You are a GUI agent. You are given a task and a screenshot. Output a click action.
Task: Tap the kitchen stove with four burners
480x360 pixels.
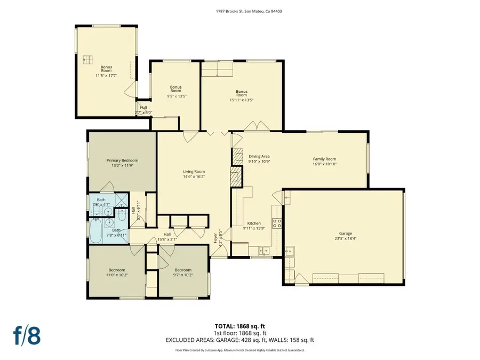[277, 223]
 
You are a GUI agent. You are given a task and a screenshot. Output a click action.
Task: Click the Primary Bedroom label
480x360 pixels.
[122, 161]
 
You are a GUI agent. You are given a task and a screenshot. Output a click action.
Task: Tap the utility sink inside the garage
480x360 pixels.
[291, 251]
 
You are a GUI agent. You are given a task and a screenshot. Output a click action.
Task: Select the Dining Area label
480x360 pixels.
[259, 156]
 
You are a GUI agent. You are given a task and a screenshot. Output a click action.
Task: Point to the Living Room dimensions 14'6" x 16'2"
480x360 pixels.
[194, 176]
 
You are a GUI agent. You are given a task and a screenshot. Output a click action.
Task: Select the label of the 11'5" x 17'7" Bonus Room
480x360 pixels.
[106, 69]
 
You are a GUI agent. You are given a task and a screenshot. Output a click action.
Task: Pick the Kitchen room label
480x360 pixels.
[253, 223]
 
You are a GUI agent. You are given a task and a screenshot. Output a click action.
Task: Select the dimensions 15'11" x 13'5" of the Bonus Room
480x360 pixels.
[241, 100]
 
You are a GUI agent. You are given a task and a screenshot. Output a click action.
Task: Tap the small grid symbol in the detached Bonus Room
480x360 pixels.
[87, 59]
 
